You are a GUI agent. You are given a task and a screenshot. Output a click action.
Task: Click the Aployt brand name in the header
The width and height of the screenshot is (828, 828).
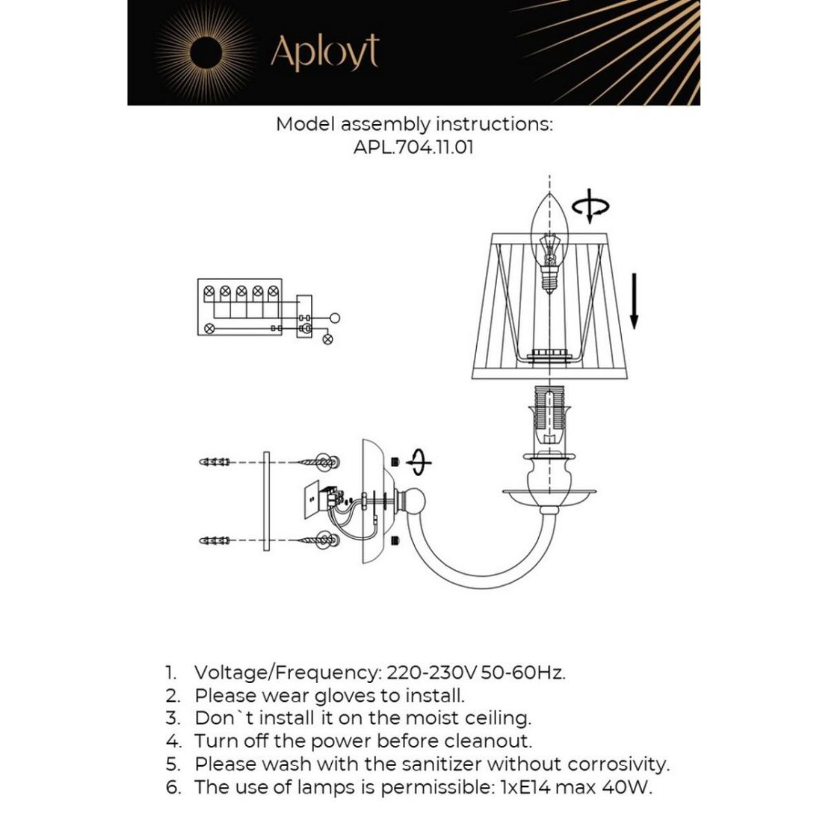[324, 52]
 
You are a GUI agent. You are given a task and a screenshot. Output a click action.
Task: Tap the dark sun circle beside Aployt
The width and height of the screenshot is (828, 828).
[205, 52]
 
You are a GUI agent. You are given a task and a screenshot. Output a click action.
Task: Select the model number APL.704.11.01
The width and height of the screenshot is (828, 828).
[413, 147]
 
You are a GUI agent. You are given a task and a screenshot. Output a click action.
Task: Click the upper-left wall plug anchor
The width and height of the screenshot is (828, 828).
[214, 462]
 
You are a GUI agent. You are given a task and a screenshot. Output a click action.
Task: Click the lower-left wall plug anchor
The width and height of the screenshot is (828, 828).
[214, 540]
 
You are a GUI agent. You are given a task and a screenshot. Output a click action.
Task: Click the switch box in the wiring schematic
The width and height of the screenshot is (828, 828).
[304, 317]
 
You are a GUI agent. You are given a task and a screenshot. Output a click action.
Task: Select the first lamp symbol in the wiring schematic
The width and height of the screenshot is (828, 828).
[209, 290]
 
